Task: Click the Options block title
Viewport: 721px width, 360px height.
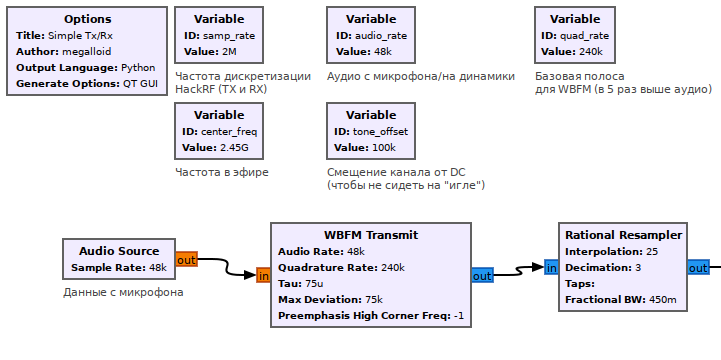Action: (87, 19)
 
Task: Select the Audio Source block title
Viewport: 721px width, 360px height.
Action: (119, 251)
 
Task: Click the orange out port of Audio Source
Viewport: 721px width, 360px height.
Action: (186, 260)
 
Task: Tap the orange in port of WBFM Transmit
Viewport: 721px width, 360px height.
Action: (264, 276)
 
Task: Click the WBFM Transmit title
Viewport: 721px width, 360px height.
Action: (371, 235)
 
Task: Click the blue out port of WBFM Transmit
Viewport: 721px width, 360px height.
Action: (482, 276)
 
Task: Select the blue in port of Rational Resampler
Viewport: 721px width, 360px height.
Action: (551, 268)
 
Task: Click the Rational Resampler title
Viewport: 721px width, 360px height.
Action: (623, 235)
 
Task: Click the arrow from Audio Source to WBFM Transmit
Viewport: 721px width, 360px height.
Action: (226, 267)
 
